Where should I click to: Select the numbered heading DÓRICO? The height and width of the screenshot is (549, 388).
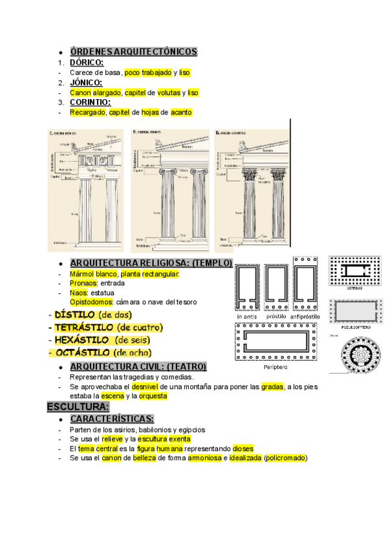87,62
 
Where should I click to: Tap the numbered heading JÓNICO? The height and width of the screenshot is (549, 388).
86,82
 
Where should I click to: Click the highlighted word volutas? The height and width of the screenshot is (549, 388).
169,93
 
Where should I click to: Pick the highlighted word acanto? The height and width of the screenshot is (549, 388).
181,112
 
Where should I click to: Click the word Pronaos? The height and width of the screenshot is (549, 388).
83,283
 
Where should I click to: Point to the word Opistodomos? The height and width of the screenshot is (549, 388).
91,302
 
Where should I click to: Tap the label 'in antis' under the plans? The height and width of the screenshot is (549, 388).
247,317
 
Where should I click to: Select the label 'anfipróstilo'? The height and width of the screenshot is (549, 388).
305,317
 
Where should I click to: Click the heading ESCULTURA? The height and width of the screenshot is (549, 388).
78,407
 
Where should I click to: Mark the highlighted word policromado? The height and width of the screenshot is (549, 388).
285,458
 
